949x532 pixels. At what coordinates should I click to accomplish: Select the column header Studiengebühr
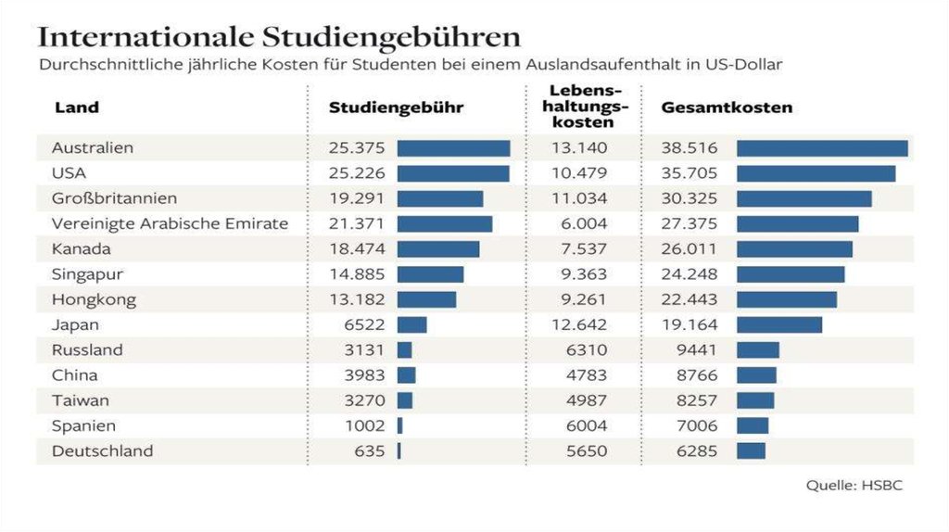(396, 108)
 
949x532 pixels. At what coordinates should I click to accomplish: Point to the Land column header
(77, 108)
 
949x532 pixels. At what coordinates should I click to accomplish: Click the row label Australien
(93, 148)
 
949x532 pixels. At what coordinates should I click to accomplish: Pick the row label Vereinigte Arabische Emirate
(170, 223)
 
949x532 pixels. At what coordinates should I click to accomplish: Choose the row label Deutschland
(102, 451)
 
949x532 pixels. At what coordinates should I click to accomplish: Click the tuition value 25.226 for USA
(356, 173)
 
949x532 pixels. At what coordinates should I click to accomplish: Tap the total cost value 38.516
(690, 148)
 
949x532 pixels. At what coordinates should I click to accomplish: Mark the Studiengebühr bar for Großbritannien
(440, 198)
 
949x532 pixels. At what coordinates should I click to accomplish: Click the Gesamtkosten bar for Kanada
(794, 249)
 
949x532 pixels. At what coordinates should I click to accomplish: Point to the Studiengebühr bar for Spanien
(399, 425)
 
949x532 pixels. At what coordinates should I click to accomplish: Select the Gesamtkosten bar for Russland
(758, 350)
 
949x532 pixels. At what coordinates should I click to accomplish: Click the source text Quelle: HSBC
(854, 486)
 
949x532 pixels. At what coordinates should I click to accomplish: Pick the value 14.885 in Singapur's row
(356, 274)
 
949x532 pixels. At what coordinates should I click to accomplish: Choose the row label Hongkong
(94, 299)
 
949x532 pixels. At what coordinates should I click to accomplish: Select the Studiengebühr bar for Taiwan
(405, 400)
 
